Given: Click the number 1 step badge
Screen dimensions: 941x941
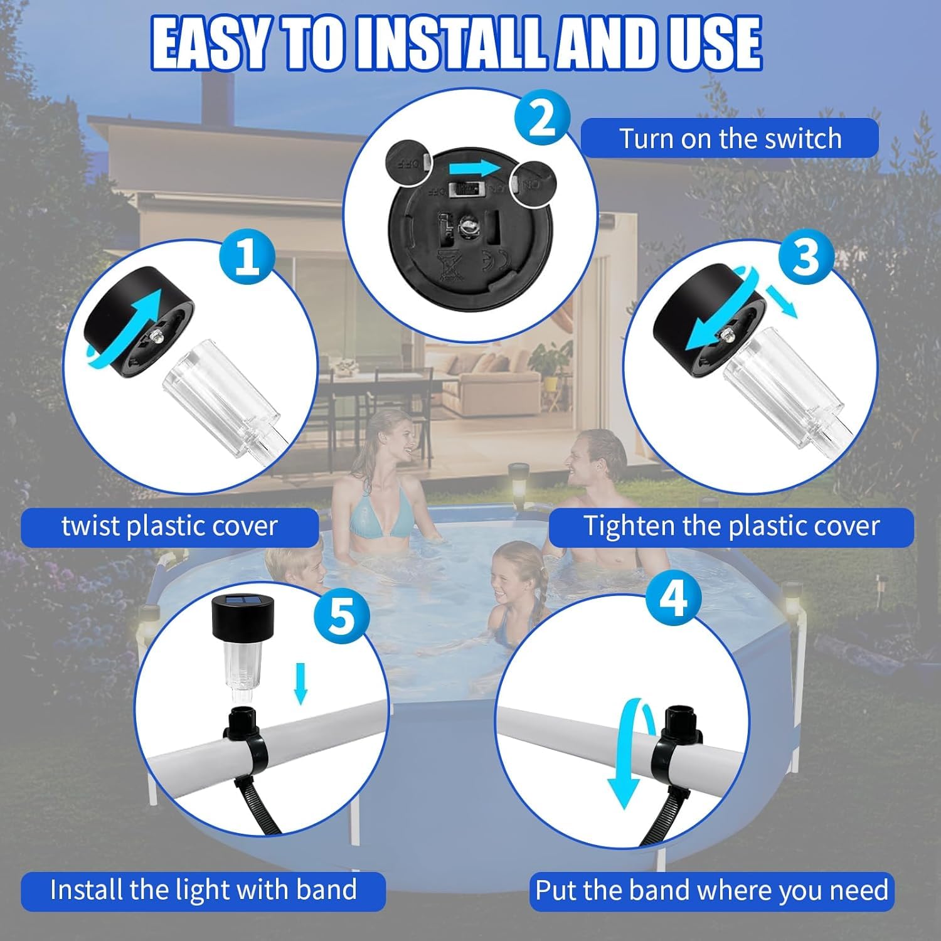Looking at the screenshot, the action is pos(247,257).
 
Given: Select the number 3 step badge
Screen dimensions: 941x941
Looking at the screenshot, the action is pos(806,257).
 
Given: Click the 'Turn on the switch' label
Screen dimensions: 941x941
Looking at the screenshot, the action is pos(730,138).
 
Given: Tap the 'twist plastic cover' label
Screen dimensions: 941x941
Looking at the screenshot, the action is pos(169,526).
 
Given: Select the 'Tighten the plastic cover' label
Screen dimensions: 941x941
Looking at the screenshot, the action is pos(731,526).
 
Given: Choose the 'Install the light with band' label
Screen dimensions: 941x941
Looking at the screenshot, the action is pos(203,890).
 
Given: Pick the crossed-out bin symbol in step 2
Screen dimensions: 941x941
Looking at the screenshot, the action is pos(449,264).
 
